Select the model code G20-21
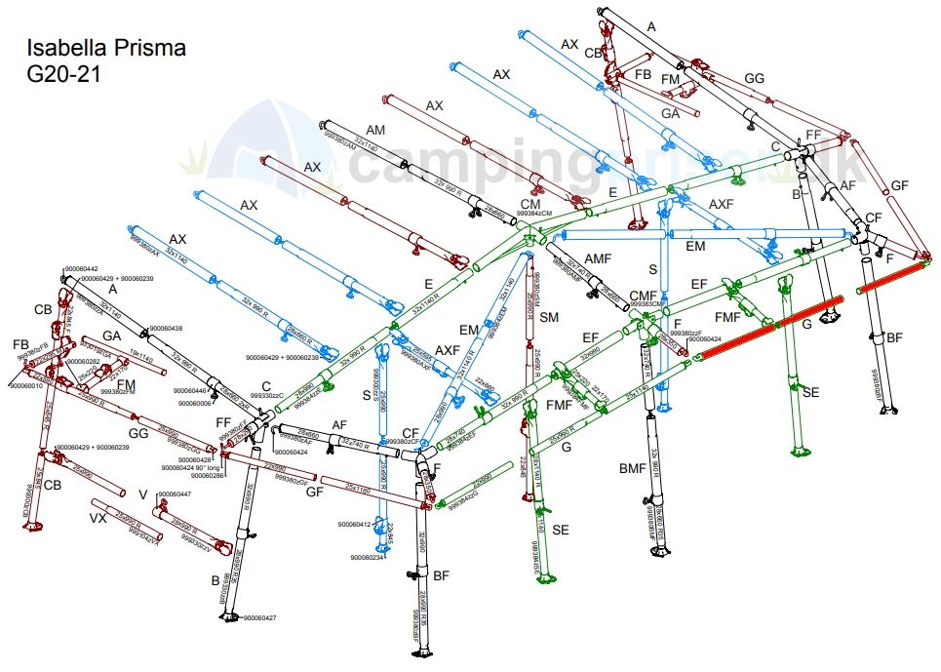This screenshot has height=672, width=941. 64,73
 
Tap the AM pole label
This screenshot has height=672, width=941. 375,130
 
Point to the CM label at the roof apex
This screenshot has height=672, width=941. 529,204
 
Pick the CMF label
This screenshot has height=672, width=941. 644,295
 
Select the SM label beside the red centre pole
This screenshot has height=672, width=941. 549,317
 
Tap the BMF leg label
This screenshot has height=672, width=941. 633,469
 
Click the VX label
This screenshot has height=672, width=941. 98,516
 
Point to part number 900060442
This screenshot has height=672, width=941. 84,268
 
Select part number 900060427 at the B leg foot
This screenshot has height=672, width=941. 260,618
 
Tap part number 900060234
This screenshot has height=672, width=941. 370,557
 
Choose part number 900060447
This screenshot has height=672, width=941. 175,494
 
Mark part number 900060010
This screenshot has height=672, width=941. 27,386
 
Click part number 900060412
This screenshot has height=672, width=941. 355,525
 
